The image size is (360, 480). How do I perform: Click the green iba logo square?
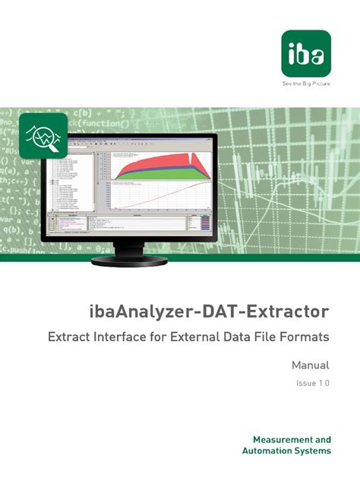pyautogui.click(x=305, y=52)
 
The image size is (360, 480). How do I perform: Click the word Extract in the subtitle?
pyautogui.click(x=71, y=335)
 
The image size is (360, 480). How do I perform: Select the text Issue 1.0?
pyautogui.click(x=313, y=384)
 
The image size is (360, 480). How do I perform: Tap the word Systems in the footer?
pyautogui.click(x=314, y=451)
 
